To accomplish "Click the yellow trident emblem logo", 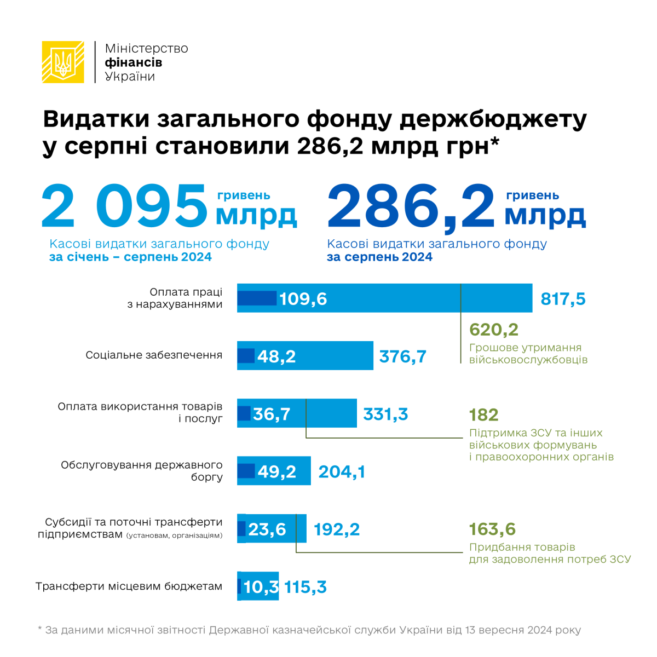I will tap(63, 62).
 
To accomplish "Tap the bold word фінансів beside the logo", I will tap(133, 62).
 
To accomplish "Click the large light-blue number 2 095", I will tap(124, 207).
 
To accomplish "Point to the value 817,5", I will tap(563, 299).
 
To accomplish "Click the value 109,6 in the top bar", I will tap(303, 299).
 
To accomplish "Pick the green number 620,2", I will tap(493, 330).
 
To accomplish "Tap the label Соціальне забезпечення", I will tap(154, 355).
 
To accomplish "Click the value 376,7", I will tap(402, 356).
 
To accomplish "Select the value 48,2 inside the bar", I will tap(276, 356).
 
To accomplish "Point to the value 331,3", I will tap(385, 414).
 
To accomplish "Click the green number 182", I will tap(483, 415).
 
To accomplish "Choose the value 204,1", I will tap(342, 471).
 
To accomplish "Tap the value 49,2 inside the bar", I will tap(276, 471).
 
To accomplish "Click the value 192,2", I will tap(336, 529).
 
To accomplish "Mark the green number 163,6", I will tap(492, 529).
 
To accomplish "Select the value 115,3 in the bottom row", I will tap(306, 587).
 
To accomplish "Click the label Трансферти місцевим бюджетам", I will tap(129, 586).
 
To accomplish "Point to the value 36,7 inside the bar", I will tap(272, 414).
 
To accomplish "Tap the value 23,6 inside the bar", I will tap(267, 529).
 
